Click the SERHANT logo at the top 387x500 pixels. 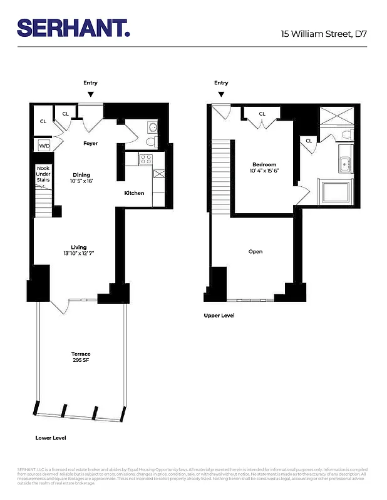pyautogui.click(x=73, y=27)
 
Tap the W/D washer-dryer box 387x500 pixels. pyautogui.click(x=44, y=146)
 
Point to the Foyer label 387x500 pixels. pyautogui.click(x=90, y=143)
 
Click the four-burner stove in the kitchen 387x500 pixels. pyautogui.click(x=145, y=159)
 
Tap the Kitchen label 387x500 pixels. pyautogui.click(x=134, y=193)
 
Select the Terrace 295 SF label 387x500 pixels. pyautogui.click(x=81, y=357)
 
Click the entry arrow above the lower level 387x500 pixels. pyautogui.click(x=91, y=94)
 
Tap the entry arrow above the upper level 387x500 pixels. pyautogui.click(x=221, y=94)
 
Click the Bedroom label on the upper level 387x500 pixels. pyautogui.click(x=264, y=164)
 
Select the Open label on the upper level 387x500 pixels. pyautogui.click(x=255, y=252)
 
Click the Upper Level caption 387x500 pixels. pyautogui.click(x=219, y=316)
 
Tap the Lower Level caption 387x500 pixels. pyautogui.click(x=51, y=438)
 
